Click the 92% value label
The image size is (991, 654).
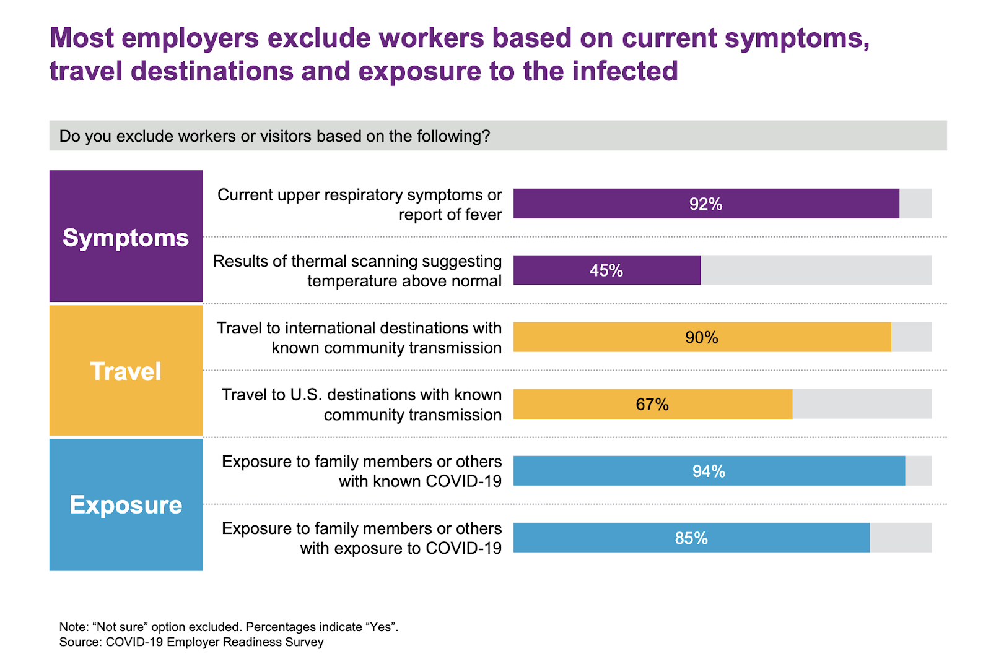click(705, 204)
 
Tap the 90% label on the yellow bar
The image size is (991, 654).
click(701, 337)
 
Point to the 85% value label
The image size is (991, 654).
click(691, 538)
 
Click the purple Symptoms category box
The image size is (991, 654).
click(126, 237)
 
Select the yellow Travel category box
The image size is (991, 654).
click(126, 371)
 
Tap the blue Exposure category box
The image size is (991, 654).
click(126, 505)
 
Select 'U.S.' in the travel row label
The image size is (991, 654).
click(306, 395)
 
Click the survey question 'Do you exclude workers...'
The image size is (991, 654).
click(274, 136)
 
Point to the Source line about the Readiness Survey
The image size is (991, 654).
click(191, 642)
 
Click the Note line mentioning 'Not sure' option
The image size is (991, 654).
click(229, 627)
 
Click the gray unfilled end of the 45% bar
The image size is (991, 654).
click(815, 270)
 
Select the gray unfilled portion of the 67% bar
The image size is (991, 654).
click(862, 404)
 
